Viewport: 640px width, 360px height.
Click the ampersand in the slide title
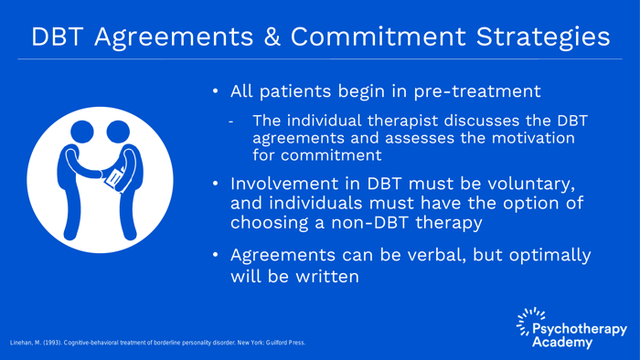click(x=272, y=37)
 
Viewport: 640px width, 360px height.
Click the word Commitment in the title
click(x=379, y=37)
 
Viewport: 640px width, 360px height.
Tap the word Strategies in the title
click(x=543, y=37)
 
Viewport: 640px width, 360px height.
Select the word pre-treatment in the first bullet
click(x=477, y=91)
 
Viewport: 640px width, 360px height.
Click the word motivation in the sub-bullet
click(x=533, y=138)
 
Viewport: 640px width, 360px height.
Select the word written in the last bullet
click(x=327, y=277)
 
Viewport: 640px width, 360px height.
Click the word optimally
click(x=549, y=256)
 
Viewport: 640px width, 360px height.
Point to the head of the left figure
click(x=82, y=132)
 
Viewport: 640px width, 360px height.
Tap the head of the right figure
click(x=118, y=132)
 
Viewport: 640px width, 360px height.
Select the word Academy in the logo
click(x=562, y=342)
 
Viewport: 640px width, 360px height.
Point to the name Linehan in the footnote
click(x=20, y=343)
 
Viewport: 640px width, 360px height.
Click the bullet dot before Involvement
click(x=216, y=184)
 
